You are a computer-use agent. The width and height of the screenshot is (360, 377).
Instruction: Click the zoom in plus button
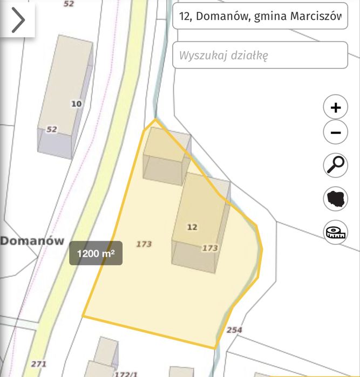coord(335,107)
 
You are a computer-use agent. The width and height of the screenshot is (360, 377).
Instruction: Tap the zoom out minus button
coord(335,133)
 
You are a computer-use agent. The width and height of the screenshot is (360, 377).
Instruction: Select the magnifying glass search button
coord(335,164)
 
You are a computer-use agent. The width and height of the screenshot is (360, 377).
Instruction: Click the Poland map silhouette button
coord(335,198)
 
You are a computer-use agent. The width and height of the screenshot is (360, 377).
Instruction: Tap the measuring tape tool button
coord(335,232)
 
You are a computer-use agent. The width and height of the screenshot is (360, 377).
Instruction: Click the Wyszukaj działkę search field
coord(260,55)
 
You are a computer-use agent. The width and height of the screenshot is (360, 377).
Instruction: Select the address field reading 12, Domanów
coord(260,17)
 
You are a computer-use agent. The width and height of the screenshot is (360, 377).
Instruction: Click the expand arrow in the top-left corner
coord(18,20)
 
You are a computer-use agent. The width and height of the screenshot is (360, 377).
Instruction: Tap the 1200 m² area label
coord(96,253)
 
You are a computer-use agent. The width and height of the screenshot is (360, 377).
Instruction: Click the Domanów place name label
coord(32,241)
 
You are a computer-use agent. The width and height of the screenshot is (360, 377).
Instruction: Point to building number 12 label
coord(192,227)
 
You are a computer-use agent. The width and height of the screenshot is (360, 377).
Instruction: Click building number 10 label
coord(77,104)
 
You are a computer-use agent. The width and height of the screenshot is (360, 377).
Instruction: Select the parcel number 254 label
coord(234,330)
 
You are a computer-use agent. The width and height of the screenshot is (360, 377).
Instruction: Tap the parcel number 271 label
coord(38,364)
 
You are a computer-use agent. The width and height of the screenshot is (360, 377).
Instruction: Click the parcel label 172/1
coord(126,373)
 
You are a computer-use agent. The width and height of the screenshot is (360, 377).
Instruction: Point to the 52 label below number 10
coord(51,129)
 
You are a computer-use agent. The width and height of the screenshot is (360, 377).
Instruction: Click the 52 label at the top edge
coord(69,4)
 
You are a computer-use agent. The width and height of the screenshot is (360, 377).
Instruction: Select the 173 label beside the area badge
coord(144,244)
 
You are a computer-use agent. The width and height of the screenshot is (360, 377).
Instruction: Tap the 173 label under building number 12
coord(209,248)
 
